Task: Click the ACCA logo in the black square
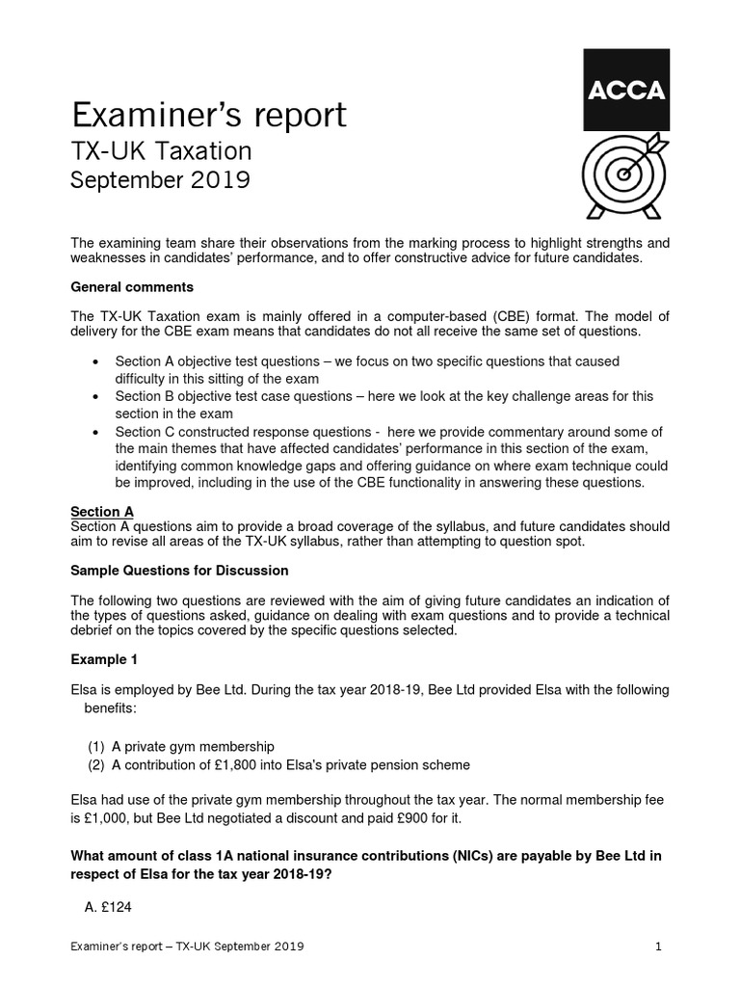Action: coord(625,91)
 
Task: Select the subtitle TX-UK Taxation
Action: coord(162,151)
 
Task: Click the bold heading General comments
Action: coord(132,287)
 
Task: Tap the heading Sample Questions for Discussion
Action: coord(179,571)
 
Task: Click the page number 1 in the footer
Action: coord(658,947)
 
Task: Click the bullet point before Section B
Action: coord(93,396)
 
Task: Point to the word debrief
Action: coord(94,630)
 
